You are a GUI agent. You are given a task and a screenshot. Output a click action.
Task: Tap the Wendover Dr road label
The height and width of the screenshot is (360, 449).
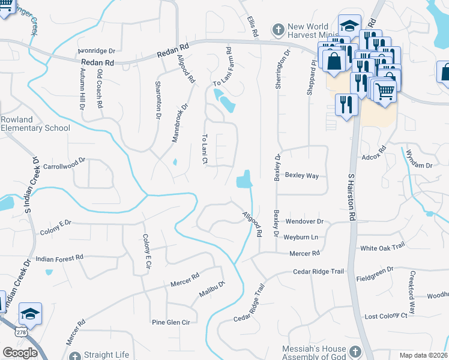pos(304,221)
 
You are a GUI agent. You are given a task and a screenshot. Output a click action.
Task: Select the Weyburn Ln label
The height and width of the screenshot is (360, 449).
pos(301,238)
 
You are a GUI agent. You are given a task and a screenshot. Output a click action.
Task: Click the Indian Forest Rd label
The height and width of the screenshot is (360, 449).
pos(59,258)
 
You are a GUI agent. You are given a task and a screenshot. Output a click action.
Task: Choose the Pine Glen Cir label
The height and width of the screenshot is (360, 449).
pos(170,322)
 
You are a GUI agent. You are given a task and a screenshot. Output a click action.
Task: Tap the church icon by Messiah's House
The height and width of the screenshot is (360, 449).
pos(355,351)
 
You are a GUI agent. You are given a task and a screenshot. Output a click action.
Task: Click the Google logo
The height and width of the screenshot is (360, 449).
pos(20,352)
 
